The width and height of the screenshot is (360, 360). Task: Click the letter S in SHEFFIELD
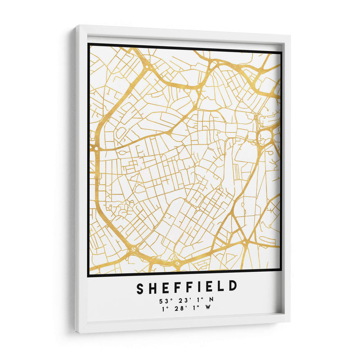click(x=141, y=287)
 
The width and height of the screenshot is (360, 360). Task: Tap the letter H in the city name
click(x=153, y=287)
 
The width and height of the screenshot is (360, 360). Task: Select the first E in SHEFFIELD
click(x=165, y=287)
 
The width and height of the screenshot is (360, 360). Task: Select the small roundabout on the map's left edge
click(x=95, y=147)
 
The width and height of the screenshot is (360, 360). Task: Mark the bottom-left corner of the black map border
click(x=88, y=275)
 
